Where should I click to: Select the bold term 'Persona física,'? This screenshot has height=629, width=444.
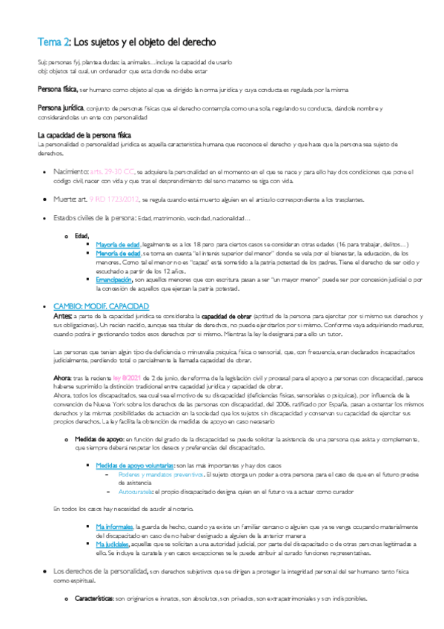click(58, 89)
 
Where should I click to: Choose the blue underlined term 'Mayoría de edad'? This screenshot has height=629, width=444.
click(119, 245)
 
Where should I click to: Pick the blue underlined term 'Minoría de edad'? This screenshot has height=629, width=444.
click(119, 253)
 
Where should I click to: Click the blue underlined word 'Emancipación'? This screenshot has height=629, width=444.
click(114, 279)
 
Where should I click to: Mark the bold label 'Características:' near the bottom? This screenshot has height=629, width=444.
click(93, 598)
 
